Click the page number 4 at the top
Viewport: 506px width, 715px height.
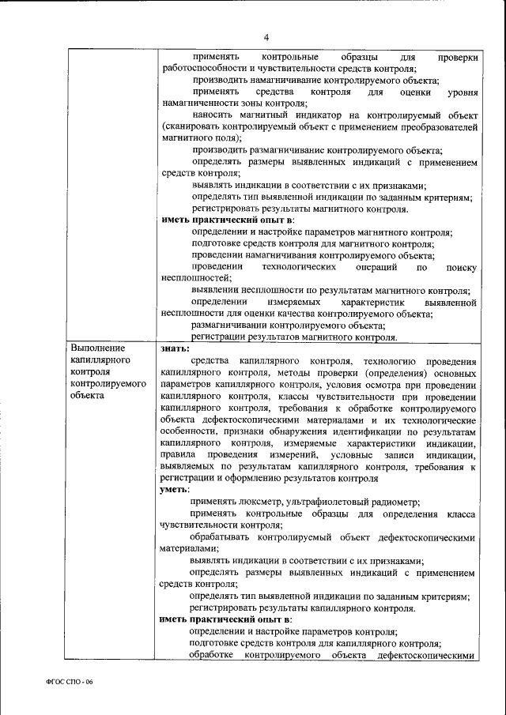[x=266, y=37]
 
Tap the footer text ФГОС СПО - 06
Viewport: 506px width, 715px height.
[x=68, y=682]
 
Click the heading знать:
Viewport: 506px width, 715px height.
[x=174, y=348]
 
